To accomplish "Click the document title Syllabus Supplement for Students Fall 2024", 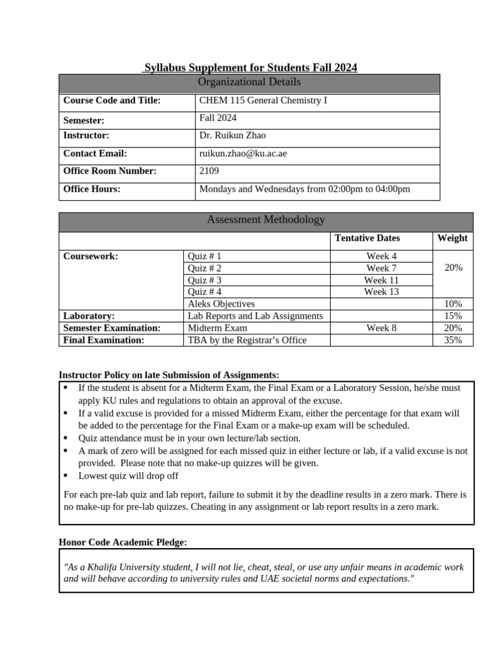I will pos(250,68).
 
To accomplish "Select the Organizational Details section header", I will pos(249,82).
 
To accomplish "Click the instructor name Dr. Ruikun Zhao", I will pos(233,135).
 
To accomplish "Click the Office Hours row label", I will pos(92,189).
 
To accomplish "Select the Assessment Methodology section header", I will pos(266,220).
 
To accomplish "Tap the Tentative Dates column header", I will pos(367,238).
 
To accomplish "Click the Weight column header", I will pos(452,238).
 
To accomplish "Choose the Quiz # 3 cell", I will pos(205,280).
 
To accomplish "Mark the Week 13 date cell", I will pos(381,292).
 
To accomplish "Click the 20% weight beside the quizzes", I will pos(452,268).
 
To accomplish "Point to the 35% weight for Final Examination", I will pos(452,340).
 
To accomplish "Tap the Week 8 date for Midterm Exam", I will pos(381,328).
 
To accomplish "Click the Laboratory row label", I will pos(89,316).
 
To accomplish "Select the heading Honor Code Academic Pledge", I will pos(123,542).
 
